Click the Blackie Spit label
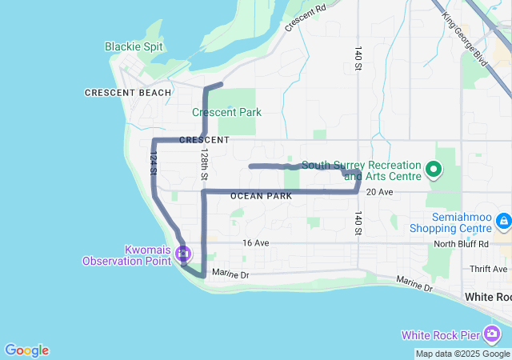[x=134, y=46]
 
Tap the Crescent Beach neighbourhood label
[x=128, y=93]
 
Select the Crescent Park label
[x=226, y=112]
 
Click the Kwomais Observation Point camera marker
[x=183, y=255]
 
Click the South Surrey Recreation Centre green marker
[x=434, y=169]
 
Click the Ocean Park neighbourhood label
[x=261, y=196]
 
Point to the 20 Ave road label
[x=379, y=193]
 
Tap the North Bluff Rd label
[x=461, y=244]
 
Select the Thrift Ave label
[x=489, y=269]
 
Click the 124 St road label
[x=152, y=165]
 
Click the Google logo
[x=26, y=350]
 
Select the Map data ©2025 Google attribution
[x=462, y=354]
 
